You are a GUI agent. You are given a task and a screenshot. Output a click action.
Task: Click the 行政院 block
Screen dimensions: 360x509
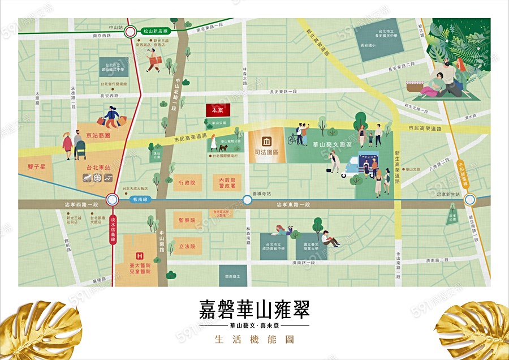coord(187,183)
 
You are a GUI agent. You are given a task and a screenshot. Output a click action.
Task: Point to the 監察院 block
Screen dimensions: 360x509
coord(187,220)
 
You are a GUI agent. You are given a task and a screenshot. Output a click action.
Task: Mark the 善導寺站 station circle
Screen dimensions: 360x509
coord(247,200)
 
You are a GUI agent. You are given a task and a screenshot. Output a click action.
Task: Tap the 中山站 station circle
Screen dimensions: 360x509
coord(130,32)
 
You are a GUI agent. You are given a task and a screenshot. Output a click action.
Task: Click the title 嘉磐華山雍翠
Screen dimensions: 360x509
coord(254,310)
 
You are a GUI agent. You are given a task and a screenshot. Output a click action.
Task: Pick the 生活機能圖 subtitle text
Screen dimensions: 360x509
coord(254,340)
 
